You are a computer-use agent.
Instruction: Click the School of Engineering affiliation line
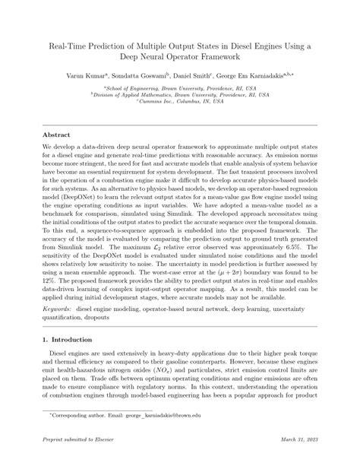[179, 88]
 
